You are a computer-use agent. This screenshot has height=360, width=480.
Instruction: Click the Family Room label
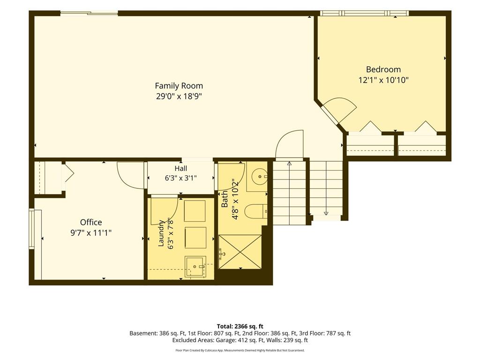(179, 86)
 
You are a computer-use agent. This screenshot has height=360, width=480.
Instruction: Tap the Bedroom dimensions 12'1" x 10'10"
(383, 80)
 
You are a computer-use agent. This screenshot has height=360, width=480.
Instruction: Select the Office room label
(91, 222)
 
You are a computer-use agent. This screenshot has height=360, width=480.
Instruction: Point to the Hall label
(180, 168)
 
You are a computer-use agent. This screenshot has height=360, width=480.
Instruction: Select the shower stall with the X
(240, 252)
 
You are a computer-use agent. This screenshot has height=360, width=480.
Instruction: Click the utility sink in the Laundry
(195, 267)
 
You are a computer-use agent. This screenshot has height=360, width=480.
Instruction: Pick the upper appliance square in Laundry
(195, 211)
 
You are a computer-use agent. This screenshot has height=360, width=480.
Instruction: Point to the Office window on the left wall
(31, 229)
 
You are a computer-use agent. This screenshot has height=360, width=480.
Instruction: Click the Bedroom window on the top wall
(364, 13)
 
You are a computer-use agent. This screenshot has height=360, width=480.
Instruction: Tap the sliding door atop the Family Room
(89, 13)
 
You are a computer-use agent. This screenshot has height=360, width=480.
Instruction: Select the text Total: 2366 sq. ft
(240, 326)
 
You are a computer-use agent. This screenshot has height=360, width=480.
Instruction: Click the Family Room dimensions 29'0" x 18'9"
(179, 97)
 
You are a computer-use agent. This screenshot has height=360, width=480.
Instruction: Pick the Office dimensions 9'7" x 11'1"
(91, 233)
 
